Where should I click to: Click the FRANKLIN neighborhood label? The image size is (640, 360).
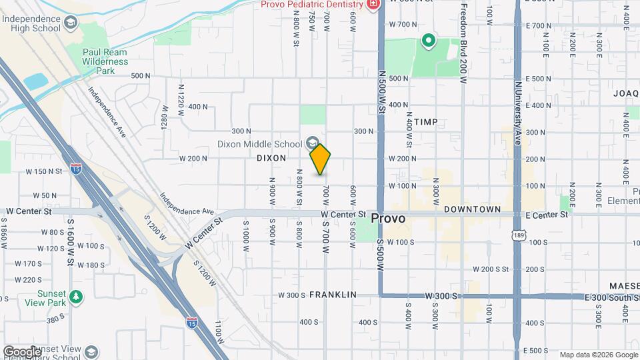(x=333, y=295)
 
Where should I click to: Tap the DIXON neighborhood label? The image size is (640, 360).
(x=271, y=158)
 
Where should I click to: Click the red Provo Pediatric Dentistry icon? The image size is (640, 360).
(x=373, y=5)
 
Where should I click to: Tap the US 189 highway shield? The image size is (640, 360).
(x=517, y=235)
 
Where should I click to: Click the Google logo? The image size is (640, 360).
(x=23, y=351)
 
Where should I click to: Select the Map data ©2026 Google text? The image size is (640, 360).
(x=599, y=355)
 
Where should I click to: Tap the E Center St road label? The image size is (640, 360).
(x=547, y=215)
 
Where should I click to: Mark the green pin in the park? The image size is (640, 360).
(x=427, y=43)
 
